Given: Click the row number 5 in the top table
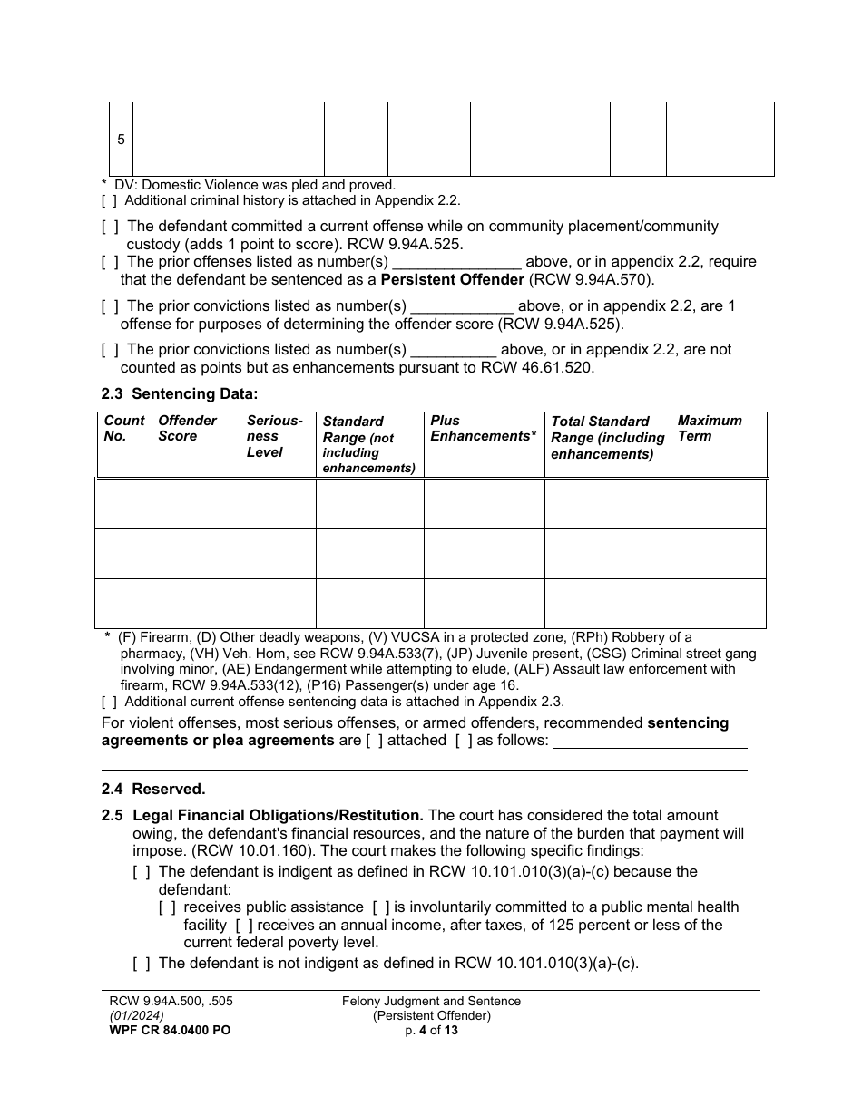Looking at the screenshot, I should [121, 141].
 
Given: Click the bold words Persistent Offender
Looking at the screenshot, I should [452, 279].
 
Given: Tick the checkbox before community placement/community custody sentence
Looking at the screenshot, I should [109, 227].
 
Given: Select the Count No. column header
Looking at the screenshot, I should [123, 428].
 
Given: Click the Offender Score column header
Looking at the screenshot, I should [187, 428].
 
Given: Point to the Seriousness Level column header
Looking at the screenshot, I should [274, 436].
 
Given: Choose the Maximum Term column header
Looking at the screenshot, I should [709, 428].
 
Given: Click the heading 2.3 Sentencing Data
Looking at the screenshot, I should [180, 393].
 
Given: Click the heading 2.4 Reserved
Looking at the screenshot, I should [153, 790].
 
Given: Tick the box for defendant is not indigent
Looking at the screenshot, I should [141, 964].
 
